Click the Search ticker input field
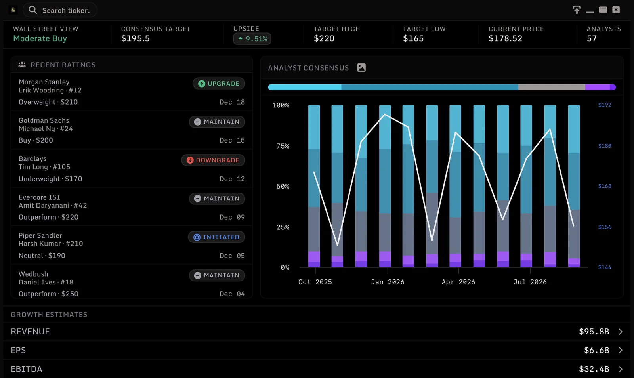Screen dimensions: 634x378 [60, 10]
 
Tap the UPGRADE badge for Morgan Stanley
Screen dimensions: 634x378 [219, 84]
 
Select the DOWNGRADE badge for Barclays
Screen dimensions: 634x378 [213, 160]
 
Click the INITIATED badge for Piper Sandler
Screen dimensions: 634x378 [216, 237]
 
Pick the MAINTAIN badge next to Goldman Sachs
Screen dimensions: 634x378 [217, 122]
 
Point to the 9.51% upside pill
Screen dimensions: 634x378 [252, 39]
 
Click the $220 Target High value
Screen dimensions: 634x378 [324, 38]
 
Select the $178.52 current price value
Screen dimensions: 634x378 [505, 38]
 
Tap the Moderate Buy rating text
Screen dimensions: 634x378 [40, 38]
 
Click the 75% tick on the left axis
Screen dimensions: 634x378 [283, 146]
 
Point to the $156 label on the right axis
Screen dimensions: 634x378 [605, 227]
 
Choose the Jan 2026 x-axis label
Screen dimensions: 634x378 [388, 282]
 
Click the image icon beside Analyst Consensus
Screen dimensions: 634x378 [361, 68]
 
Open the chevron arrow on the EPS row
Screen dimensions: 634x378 [621, 350]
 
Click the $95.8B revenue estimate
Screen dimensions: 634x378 [594, 332]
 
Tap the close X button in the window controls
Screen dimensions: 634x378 [616, 10]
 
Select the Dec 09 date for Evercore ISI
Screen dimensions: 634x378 [232, 217]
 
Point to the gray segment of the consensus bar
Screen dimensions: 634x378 [552, 87]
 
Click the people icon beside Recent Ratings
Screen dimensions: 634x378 [22, 65]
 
